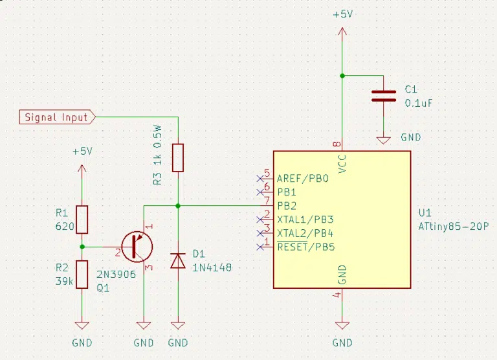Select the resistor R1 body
(x=82, y=219)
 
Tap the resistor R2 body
(x=82, y=275)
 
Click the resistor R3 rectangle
(x=178, y=157)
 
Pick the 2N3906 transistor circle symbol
(x=137, y=247)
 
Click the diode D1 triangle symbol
(x=178, y=261)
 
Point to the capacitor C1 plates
(x=384, y=96)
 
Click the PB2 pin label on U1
(x=287, y=206)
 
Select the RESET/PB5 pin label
(x=306, y=247)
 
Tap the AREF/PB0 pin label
(x=303, y=179)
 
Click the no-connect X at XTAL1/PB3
(x=260, y=219)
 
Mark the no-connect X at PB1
(x=260, y=192)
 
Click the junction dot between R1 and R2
(x=82, y=247)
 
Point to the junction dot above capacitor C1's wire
(x=342, y=76)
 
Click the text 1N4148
(x=212, y=267)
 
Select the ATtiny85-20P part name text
(x=454, y=227)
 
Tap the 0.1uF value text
(x=419, y=103)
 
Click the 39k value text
(x=64, y=281)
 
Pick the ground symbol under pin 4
(x=342, y=326)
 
